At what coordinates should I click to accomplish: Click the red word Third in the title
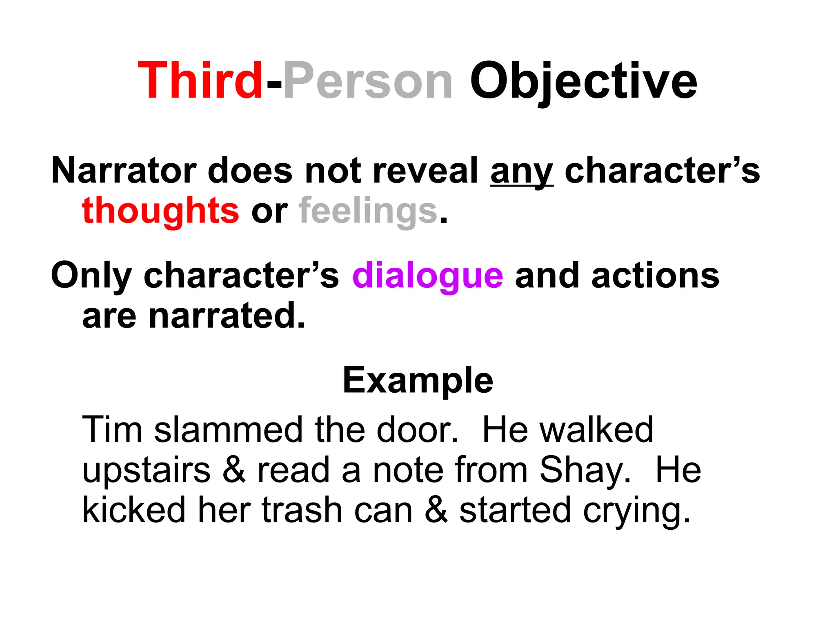click(x=200, y=80)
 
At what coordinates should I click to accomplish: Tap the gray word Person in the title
click(x=368, y=80)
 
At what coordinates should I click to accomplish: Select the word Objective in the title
click(x=583, y=80)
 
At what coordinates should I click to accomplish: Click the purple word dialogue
click(x=427, y=276)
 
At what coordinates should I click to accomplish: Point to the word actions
click(x=655, y=276)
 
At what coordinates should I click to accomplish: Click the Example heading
click(x=418, y=380)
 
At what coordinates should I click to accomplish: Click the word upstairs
click(x=146, y=470)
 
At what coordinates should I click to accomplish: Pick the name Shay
click(x=585, y=470)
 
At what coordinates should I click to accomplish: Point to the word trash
click(x=302, y=510)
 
